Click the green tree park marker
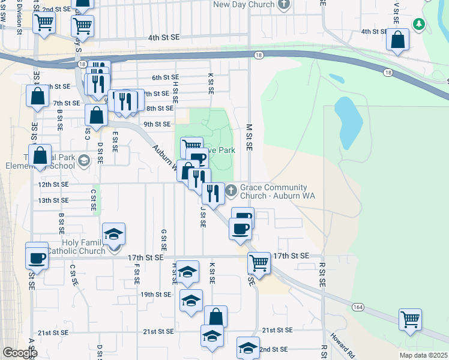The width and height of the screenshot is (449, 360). tap(419, 24)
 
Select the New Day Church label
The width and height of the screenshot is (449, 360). tap(244, 4)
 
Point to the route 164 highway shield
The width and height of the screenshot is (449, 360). tap(358, 307)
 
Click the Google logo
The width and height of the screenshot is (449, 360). tap(20, 352)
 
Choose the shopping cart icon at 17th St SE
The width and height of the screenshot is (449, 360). tap(259, 263)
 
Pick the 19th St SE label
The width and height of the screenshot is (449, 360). tap(155, 295)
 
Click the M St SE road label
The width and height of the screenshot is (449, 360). tap(249, 137)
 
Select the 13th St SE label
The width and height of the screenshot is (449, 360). tap(53, 200)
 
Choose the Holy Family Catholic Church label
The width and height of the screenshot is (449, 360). tap(76, 247)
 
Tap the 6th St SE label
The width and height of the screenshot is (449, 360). tap(165, 77)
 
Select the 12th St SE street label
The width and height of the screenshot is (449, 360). tap(53, 185)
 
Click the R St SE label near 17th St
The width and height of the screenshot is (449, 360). tap(322, 273)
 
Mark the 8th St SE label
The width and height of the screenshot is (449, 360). tap(160, 109)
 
